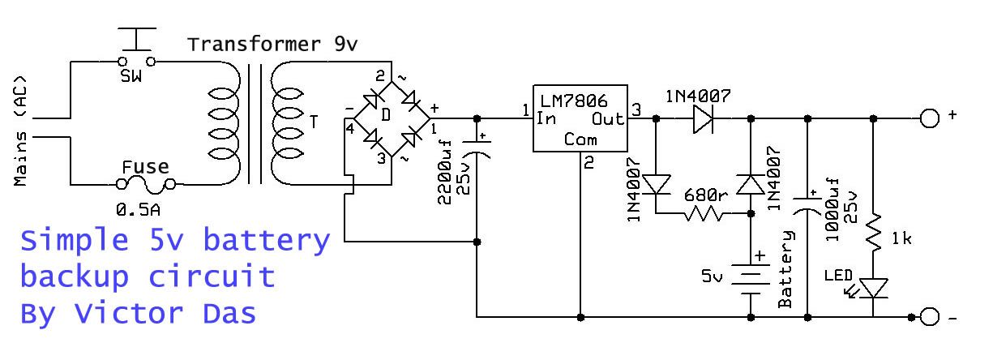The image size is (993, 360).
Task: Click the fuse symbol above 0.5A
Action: click(x=148, y=186)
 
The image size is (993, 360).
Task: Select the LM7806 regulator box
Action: click(x=580, y=118)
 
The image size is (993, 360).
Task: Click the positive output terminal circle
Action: click(x=929, y=118)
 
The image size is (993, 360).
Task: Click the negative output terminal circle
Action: click(x=929, y=316)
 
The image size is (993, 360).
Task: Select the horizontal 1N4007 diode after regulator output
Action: click(x=702, y=118)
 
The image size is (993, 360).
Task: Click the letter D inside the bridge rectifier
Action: click(x=386, y=116)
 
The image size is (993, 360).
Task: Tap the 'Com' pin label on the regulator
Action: click(x=580, y=139)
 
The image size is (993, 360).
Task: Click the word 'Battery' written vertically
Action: click(x=785, y=268)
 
